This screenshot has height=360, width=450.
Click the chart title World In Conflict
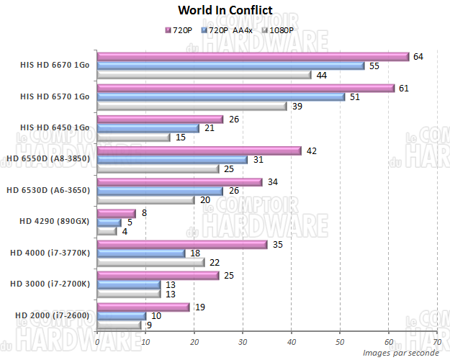click(x=225, y=10)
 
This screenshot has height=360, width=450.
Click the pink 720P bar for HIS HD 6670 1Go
click(x=252, y=56)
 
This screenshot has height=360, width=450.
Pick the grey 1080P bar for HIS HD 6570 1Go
click(x=192, y=106)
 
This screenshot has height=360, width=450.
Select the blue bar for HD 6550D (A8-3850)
click(x=171, y=159)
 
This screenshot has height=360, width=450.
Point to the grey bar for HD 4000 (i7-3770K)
click(x=150, y=262)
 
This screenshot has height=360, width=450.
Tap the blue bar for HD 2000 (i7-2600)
click(x=121, y=315)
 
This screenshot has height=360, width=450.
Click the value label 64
click(x=418, y=56)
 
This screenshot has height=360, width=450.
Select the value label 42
click(x=311, y=150)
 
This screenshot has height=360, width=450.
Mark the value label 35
click(x=277, y=244)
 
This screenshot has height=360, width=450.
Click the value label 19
click(x=199, y=307)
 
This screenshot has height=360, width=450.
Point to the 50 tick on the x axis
click(x=340, y=341)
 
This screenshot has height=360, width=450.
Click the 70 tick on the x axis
click(x=437, y=341)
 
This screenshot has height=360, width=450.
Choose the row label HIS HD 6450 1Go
click(x=55, y=127)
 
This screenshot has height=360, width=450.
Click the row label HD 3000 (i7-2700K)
click(x=50, y=284)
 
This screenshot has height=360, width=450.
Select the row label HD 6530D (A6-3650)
click(x=48, y=190)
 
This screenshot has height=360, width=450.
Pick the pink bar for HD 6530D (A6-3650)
click(x=179, y=181)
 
